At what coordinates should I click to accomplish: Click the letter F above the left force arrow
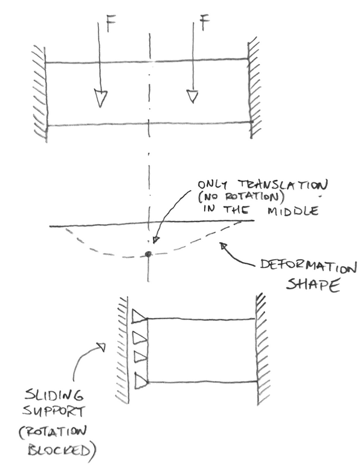(111, 24)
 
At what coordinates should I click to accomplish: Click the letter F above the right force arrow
(204, 22)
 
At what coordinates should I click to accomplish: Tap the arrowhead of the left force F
(100, 98)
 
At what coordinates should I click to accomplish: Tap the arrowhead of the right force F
(193, 97)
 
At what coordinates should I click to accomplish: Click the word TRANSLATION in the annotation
(283, 185)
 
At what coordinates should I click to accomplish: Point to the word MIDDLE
(293, 211)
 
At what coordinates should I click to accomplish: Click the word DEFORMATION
(308, 266)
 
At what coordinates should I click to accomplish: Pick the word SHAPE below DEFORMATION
(312, 285)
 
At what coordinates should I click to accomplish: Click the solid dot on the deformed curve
(148, 254)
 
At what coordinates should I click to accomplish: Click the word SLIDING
(54, 396)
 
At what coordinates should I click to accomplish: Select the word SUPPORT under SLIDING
(54, 412)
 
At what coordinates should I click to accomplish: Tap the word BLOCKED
(59, 451)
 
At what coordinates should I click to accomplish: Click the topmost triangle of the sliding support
(139, 316)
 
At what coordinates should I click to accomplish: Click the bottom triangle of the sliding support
(141, 381)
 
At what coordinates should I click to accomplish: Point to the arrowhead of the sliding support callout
(101, 347)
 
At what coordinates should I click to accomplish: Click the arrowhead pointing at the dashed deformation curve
(224, 246)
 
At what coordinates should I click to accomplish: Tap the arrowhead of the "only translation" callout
(156, 240)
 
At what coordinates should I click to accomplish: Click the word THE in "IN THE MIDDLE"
(236, 210)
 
